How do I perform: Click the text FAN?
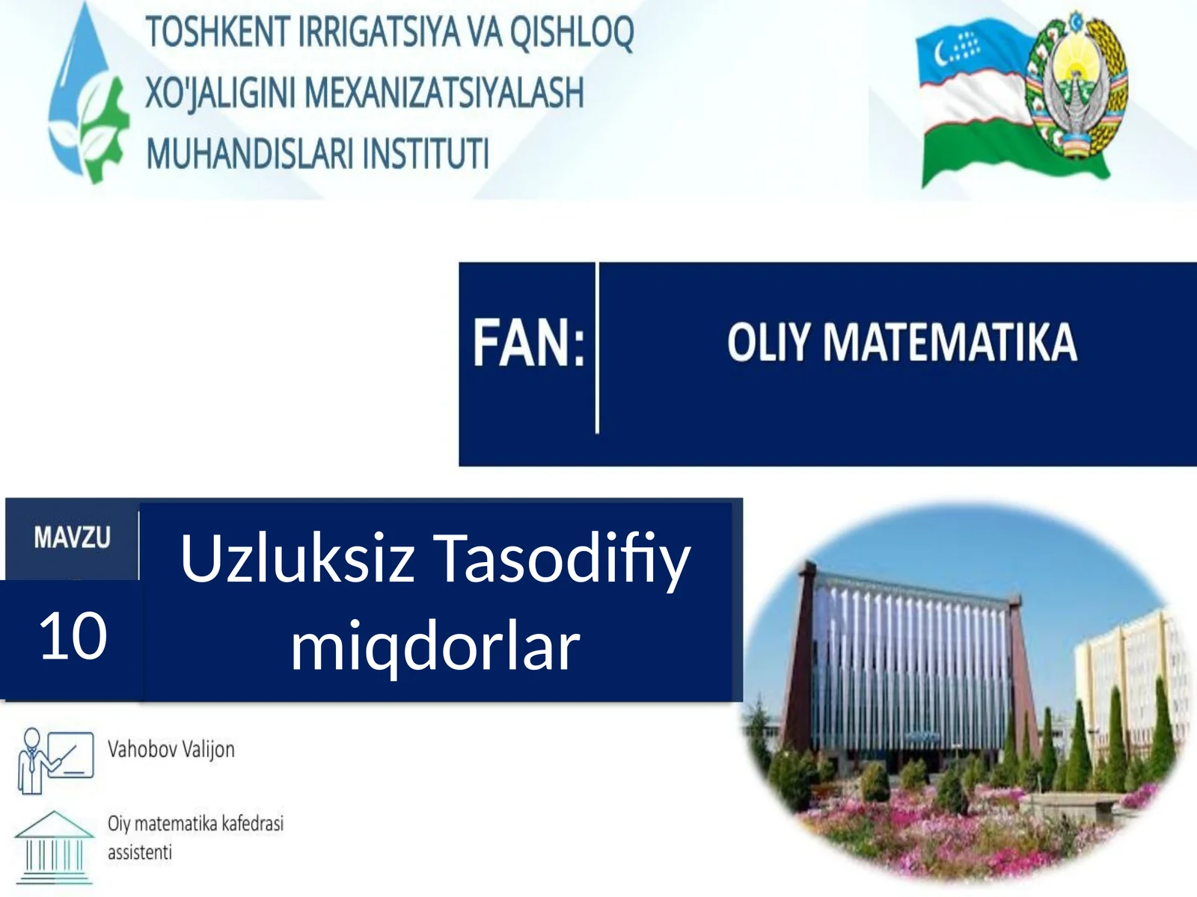528,344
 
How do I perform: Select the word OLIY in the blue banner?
768,343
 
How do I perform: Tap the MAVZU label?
72,537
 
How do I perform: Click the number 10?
73,636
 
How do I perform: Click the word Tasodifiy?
562,558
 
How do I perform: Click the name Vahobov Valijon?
171,749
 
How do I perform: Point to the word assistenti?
139,852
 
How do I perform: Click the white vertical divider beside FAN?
597,348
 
